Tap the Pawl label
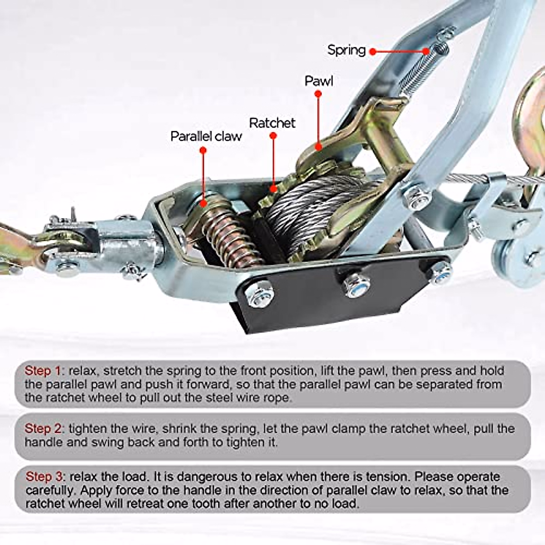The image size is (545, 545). coord(319,81)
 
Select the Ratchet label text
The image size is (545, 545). coord(272,123)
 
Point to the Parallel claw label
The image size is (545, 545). coord(206,136)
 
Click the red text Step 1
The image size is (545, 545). coord(43,371)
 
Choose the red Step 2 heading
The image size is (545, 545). coord(43,428)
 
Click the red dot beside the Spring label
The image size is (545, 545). coord(373,51)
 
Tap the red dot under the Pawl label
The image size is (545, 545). coord(318,94)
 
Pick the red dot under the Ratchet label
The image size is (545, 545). coord(273,135)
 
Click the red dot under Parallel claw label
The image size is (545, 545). coord(203,150)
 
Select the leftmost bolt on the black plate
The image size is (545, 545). coord(259,293)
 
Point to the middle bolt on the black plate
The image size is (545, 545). coord(356,283)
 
